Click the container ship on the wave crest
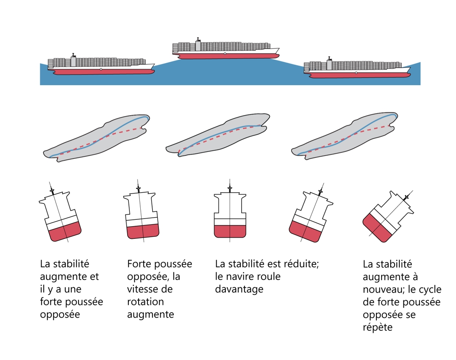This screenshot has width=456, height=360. (225, 50)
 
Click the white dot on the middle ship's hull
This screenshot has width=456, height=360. (225, 54)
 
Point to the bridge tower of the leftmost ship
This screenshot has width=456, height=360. (73, 60)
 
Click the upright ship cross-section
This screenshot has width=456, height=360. (230, 216)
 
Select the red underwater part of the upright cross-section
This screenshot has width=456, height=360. (230, 231)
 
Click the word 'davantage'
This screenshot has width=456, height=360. (239, 290)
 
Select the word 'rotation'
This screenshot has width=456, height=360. (145, 302)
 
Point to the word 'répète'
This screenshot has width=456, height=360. (378, 327)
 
